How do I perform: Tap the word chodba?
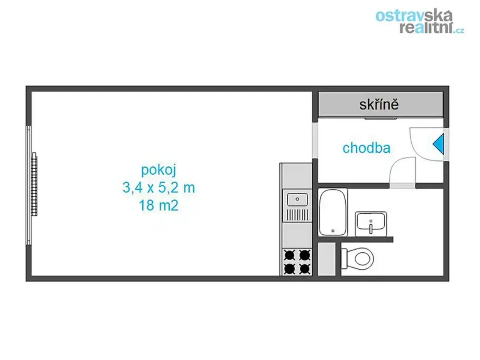click(x=366, y=148)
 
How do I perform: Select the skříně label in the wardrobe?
click(x=379, y=104)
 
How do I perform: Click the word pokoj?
click(x=158, y=170)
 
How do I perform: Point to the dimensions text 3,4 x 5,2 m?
click(x=158, y=188)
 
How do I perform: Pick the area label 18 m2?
click(x=158, y=206)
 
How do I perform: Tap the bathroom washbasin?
click(x=371, y=224)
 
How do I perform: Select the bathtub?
click(x=333, y=212)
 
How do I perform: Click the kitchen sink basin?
click(x=297, y=199)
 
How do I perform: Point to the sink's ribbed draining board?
click(x=298, y=215)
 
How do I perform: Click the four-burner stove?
click(x=297, y=262)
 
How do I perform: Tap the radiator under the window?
click(x=34, y=184)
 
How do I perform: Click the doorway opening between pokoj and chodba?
click(x=315, y=140)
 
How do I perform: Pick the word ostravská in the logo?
click(x=414, y=15)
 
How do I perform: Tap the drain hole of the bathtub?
click(x=333, y=231)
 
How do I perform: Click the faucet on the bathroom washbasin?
click(x=371, y=227)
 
